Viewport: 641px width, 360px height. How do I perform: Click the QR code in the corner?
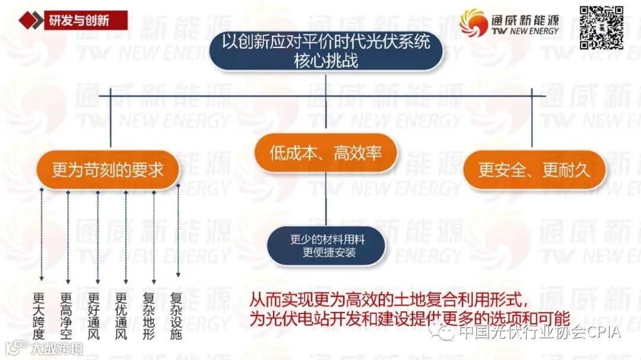click(601, 27)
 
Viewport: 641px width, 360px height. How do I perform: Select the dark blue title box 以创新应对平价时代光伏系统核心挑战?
click(326, 50)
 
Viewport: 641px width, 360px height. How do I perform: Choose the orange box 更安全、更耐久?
click(534, 170)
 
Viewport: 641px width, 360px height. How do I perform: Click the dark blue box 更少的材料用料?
click(326, 246)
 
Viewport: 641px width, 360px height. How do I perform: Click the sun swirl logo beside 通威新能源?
click(473, 23)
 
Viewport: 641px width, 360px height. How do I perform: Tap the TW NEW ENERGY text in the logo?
click(525, 31)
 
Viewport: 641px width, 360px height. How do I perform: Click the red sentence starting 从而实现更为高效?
click(388, 297)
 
